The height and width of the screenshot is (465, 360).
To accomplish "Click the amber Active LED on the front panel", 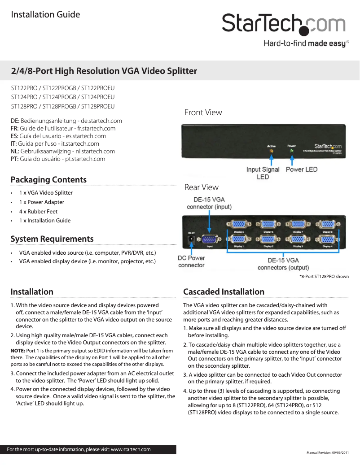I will (271, 151).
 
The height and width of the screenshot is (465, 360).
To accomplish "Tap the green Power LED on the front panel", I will (292, 151).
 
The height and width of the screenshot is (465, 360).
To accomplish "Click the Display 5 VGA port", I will (239, 225).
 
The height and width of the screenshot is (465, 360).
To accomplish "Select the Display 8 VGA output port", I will (328, 225).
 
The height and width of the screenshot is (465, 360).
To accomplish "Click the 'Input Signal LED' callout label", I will (263, 173).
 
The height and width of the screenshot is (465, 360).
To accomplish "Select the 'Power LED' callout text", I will (301, 169).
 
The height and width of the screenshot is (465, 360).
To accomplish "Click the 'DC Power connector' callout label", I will (191, 261).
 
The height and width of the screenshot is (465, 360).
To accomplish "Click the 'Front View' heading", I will (203, 113).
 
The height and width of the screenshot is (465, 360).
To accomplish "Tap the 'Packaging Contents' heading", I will (48, 180).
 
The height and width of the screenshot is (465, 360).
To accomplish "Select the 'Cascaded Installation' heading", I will (224, 292).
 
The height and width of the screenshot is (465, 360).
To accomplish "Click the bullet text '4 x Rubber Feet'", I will (38, 211).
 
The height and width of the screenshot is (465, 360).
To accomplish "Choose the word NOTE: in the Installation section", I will (18, 351).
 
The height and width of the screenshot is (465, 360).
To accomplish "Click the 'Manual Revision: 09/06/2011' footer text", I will (327, 452).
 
